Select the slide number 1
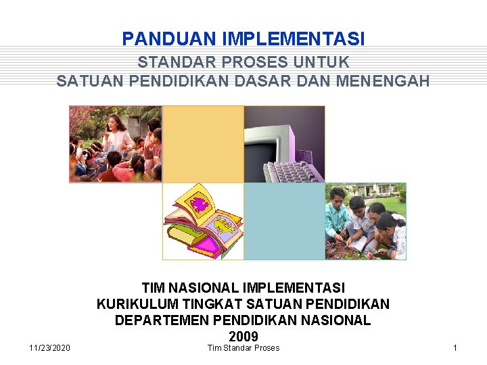point(455,347)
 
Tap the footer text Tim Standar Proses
point(243,347)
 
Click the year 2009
point(243,336)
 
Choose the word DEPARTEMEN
point(158,320)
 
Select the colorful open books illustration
point(202,222)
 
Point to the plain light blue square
point(284,222)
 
